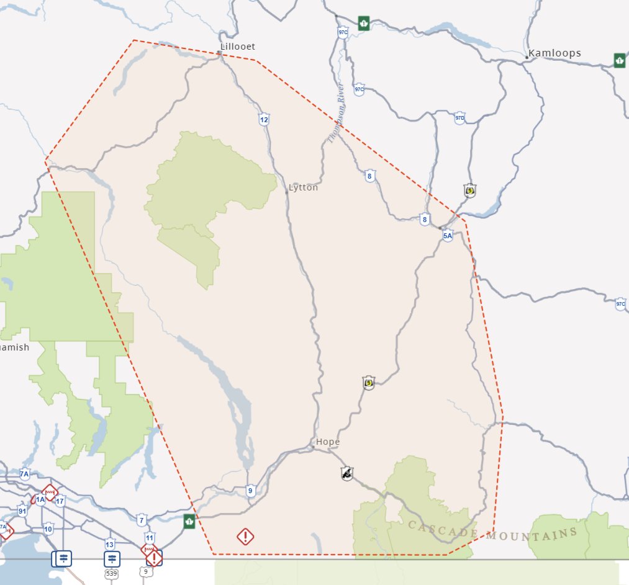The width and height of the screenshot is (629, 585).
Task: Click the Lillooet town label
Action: pyautogui.click(x=238, y=47)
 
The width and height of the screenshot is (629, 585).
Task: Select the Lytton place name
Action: pyautogui.click(x=304, y=187)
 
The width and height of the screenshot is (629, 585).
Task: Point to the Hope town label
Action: pyautogui.click(x=328, y=442)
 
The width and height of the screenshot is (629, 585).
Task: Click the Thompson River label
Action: pyautogui.click(x=336, y=112)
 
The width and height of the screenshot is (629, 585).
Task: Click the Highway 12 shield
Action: pyautogui.click(x=264, y=119)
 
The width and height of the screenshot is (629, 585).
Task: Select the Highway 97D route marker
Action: pyautogui.click(x=459, y=118)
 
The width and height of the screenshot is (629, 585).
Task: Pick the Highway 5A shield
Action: pyautogui.click(x=448, y=235)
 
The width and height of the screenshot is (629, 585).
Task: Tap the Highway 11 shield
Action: pyautogui.click(x=149, y=538)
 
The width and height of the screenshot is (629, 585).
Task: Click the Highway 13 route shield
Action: pyautogui.click(x=111, y=544)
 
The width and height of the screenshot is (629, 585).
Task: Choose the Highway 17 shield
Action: pyautogui.click(x=60, y=501)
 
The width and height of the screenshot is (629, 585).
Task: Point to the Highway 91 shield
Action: pyautogui.click(x=22, y=512)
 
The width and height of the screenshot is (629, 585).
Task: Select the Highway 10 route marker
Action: pyautogui.click(x=48, y=529)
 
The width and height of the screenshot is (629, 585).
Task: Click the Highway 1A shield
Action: pyautogui.click(x=40, y=499)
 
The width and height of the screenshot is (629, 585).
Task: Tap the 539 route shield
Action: pyautogui.click(x=111, y=573)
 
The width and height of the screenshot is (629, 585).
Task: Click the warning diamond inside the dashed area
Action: pyautogui.click(x=245, y=536)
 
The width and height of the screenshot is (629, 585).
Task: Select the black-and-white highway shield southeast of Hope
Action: pyautogui.click(x=347, y=474)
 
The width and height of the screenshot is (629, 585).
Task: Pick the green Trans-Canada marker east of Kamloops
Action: pyautogui.click(x=619, y=60)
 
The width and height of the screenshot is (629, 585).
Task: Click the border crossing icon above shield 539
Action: pyautogui.click(x=112, y=558)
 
